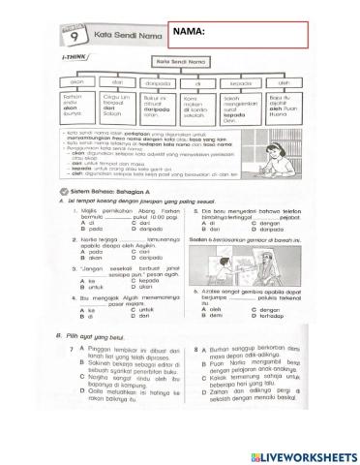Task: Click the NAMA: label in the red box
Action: [x=190, y=33]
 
